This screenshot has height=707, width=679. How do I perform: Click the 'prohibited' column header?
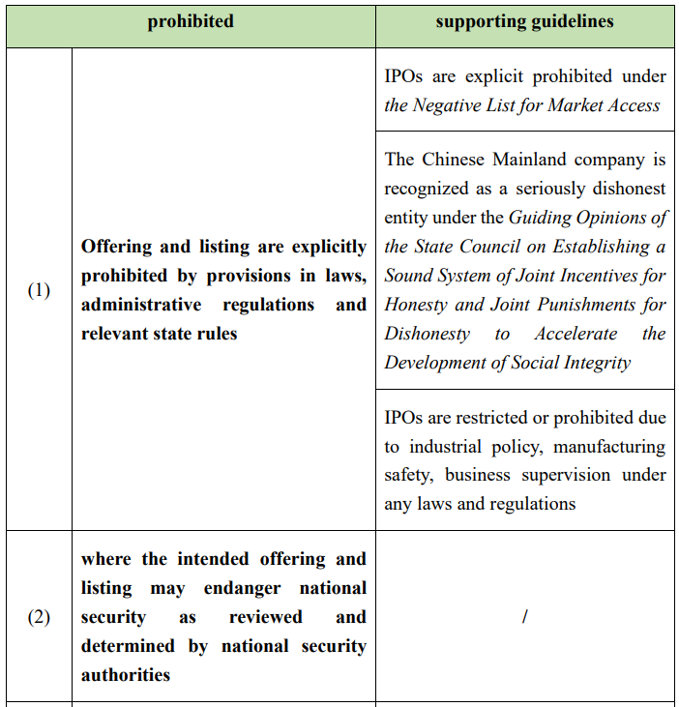coord(191,21)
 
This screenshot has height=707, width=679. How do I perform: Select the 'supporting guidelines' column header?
coord(524,21)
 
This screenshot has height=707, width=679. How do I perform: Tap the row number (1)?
coord(39,290)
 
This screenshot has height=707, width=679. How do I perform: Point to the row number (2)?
coord(39,617)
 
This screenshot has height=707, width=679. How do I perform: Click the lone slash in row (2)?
coord(524,617)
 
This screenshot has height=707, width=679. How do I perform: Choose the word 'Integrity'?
coord(591,363)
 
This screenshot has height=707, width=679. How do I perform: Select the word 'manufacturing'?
coord(609,447)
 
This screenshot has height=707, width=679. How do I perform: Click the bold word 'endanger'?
coord(244,588)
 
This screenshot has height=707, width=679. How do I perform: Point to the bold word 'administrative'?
coord(142,305)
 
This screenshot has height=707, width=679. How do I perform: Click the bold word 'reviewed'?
coord(266,617)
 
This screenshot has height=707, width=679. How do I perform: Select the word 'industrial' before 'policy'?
coord(449,447)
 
